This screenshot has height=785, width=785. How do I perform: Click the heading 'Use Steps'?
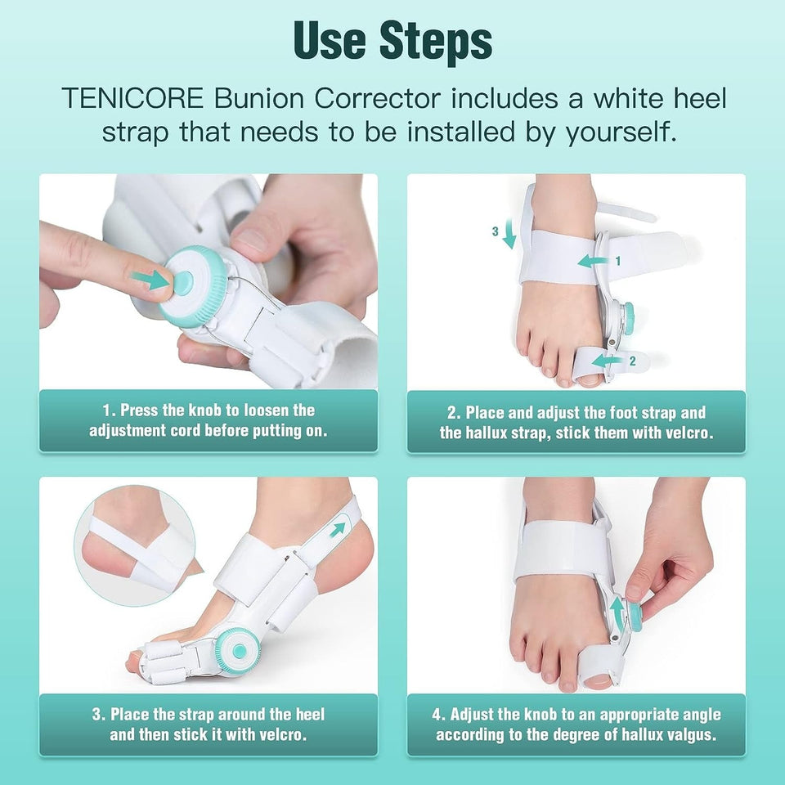(392, 41)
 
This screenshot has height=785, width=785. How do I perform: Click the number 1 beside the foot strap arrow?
(618, 262)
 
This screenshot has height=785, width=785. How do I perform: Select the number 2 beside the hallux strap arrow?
(631, 360)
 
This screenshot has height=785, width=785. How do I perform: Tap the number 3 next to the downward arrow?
(495, 232)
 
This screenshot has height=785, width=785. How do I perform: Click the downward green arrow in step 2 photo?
(509, 236)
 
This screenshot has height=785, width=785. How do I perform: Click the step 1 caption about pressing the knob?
(209, 421)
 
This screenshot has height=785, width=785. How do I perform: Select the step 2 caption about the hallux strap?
(576, 423)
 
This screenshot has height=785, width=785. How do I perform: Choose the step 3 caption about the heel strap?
(209, 724)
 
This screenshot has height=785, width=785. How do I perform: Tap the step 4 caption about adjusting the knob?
(576, 724)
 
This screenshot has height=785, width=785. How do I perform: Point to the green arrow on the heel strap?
(337, 530)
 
